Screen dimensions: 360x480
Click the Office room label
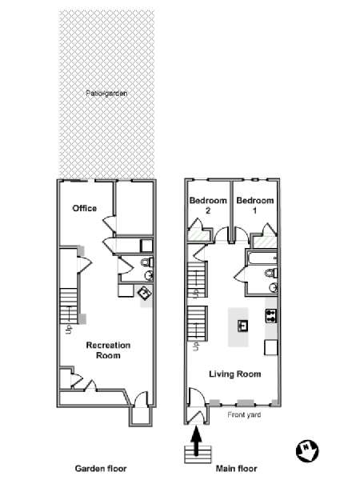tap(85, 209)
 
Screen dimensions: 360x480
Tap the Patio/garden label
tap(106, 94)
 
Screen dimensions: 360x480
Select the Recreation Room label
tap(108, 350)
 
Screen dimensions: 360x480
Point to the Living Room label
tap(234, 374)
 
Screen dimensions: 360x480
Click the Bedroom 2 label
tap(208, 206)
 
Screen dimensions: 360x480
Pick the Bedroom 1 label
tap(255, 206)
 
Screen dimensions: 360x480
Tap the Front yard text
tap(244, 414)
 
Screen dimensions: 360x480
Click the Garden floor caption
tap(101, 468)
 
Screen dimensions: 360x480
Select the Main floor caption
tap(236, 468)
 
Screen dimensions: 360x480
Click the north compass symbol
tap(307, 451)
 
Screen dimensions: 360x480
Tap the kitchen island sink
tap(242, 326)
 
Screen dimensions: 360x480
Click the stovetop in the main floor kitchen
tap(271, 316)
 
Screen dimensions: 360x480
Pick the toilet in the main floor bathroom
tap(271, 273)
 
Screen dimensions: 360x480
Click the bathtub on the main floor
tap(262, 258)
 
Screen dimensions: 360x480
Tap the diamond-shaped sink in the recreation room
tap(145, 294)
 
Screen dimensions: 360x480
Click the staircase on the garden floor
tap(69, 306)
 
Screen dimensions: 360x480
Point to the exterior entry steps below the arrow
tap(198, 454)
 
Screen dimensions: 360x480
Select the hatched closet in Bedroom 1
tap(265, 242)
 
